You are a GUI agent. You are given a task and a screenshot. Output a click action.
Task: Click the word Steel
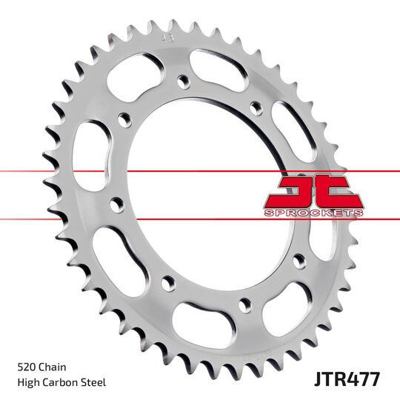pos(95,382)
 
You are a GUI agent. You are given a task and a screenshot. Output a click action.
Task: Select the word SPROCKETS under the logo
pos(313,213)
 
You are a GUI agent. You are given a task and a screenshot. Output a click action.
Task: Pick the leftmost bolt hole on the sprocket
pos(116,201)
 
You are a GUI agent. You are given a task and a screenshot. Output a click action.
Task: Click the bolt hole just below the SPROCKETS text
pos(299,259)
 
